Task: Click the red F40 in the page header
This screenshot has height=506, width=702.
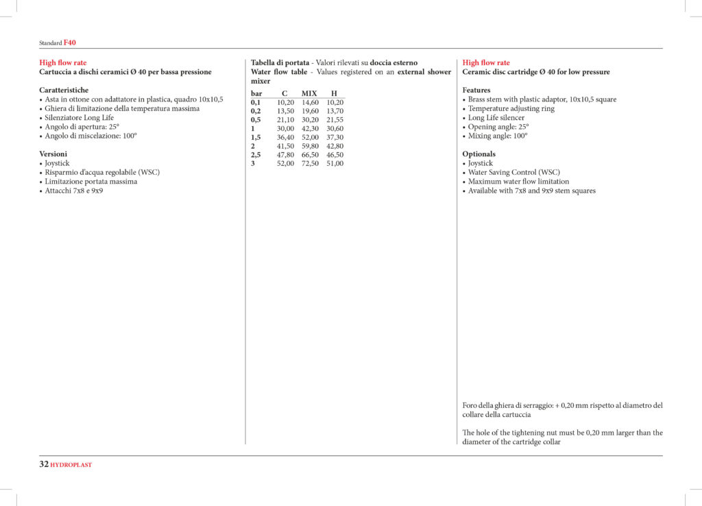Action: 70,43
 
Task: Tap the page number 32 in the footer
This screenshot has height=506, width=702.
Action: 43,464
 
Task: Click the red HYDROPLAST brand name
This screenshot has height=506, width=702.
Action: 71,465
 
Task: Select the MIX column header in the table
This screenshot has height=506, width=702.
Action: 310,93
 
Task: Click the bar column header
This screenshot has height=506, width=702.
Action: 256,93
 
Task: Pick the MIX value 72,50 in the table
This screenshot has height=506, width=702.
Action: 310,164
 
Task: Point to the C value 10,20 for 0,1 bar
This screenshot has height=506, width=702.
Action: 285,102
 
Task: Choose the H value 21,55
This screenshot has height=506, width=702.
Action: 335,120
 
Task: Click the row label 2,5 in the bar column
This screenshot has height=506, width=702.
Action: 256,155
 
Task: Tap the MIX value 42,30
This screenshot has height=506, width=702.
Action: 310,129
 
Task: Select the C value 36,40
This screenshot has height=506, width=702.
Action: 285,137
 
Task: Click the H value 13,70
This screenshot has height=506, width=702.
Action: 335,111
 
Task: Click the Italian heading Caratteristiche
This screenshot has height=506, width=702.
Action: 64,90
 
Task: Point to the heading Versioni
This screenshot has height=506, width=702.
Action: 53,154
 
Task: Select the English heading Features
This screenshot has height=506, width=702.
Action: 476,90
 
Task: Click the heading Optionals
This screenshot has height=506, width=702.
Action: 479,154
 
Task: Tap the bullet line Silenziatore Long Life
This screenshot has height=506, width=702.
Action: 79,118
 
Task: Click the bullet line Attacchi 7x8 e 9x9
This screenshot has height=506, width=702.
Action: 74,191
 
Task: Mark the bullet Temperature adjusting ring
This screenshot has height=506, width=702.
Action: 511,108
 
